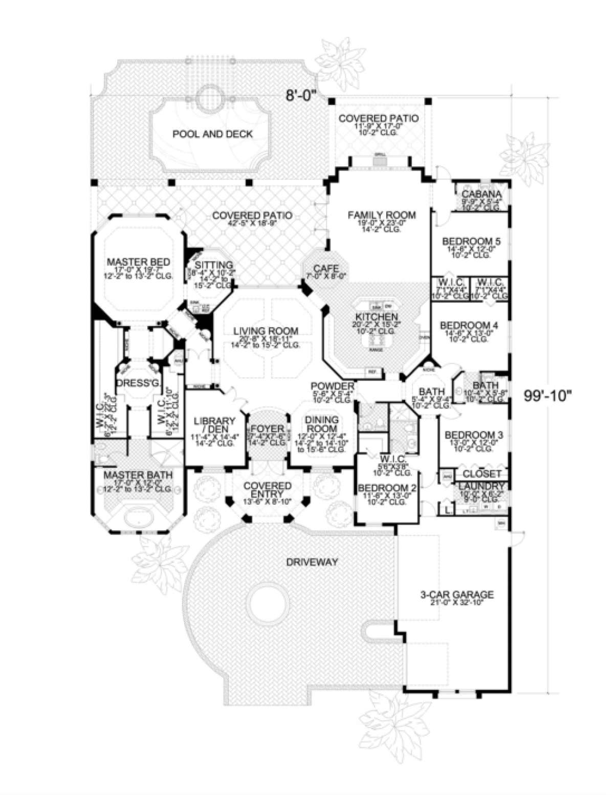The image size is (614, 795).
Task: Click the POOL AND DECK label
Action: (x=212, y=134)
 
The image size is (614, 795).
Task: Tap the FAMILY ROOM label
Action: (x=382, y=215)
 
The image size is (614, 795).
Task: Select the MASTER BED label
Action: (x=138, y=262)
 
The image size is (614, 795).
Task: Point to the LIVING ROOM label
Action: (x=266, y=331)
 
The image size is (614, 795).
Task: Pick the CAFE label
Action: (x=326, y=268)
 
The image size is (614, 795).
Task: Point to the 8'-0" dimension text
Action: (x=302, y=95)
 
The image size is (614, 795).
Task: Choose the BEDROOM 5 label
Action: (x=464, y=241)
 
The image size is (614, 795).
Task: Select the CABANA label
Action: (x=481, y=194)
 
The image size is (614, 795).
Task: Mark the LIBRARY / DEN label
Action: (x=214, y=425)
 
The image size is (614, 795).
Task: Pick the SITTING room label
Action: (x=214, y=265)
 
